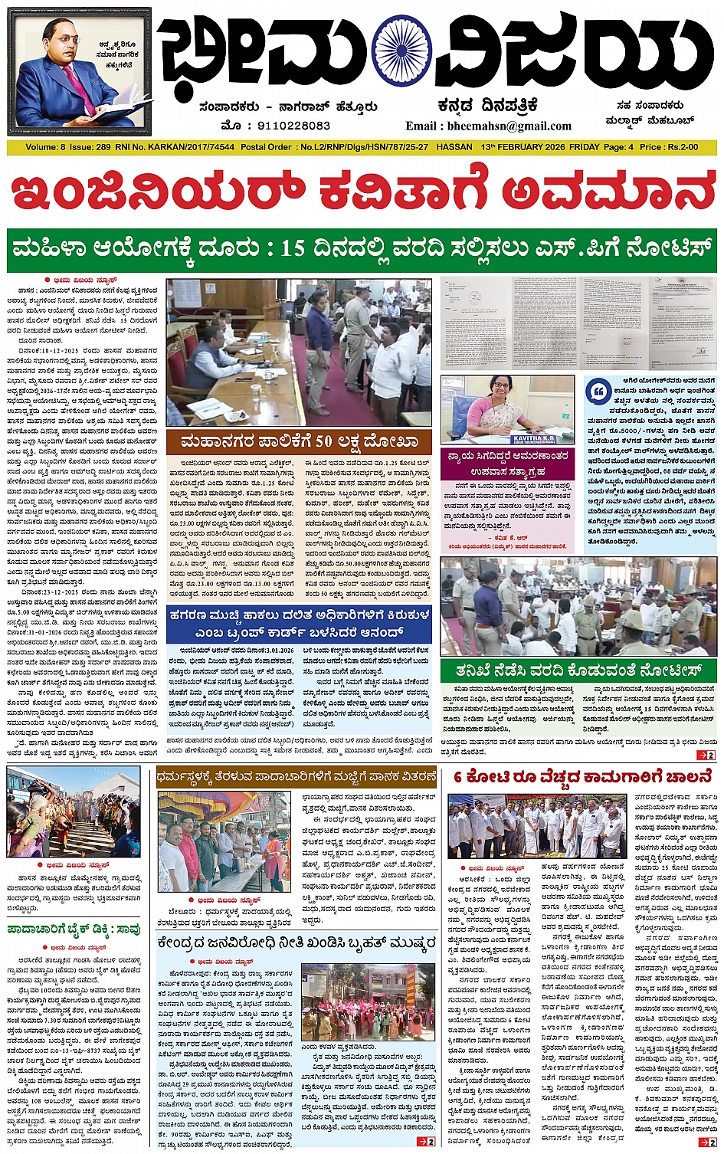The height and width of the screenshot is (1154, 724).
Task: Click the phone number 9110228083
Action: pos(293,126)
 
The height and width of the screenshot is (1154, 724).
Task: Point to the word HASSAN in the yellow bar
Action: pos(454,147)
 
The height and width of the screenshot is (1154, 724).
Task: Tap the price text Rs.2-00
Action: pos(682,147)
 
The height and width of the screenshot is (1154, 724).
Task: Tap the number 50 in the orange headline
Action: pos(323,441)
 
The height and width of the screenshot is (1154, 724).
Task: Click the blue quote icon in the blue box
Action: pos(598,391)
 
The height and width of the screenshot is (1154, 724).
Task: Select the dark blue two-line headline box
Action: pos(299,624)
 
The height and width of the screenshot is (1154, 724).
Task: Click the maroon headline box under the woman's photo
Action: pos(508,464)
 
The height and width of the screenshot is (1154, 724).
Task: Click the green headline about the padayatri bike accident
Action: pos(74,929)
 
